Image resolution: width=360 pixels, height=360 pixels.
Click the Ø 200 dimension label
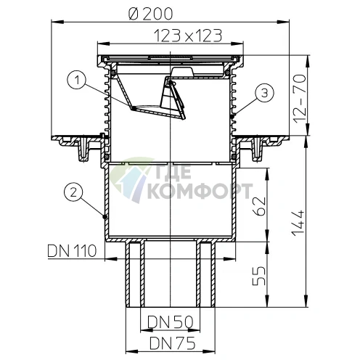(150, 14)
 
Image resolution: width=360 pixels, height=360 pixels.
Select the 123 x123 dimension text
(187, 36)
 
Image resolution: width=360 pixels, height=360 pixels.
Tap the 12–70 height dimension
(299, 99)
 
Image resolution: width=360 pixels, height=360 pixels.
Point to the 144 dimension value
(298, 223)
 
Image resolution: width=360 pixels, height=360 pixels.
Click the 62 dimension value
(258, 206)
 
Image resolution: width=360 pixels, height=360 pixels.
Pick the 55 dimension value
(258, 276)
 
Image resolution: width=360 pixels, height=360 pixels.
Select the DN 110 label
(72, 250)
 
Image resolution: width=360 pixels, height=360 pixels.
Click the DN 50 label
(171, 322)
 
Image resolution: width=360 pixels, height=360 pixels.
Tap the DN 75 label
(172, 343)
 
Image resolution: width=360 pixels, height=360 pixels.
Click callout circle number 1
(77, 80)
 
